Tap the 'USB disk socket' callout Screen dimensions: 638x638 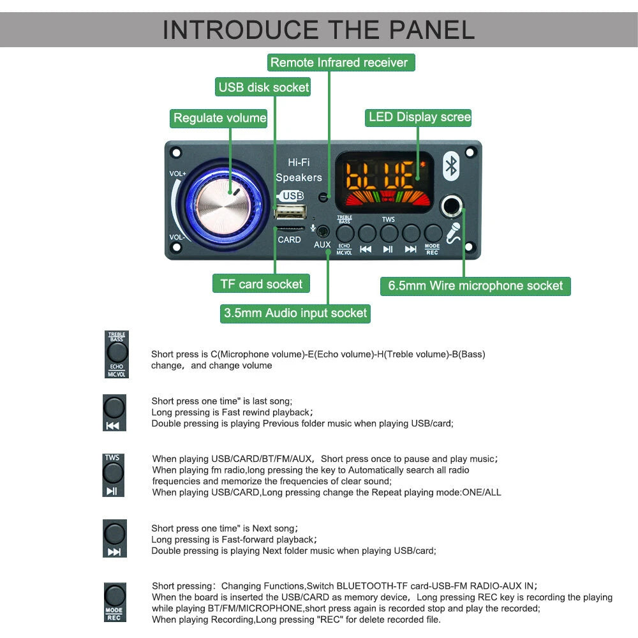(x=263, y=87)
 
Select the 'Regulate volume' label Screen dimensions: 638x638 (x=219, y=118)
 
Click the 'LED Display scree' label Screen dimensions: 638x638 (x=419, y=117)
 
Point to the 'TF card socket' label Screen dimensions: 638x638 (x=261, y=284)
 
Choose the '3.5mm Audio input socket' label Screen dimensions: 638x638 (x=295, y=313)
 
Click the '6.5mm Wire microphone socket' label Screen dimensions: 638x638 (x=475, y=286)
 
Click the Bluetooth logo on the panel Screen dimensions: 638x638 (x=452, y=166)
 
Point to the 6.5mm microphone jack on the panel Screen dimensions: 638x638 (x=453, y=205)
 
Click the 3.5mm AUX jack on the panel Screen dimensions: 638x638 (x=323, y=232)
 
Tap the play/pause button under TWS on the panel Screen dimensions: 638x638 (x=389, y=234)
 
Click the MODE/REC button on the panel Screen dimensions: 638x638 (x=433, y=234)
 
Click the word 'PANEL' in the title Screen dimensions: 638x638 (x=417, y=30)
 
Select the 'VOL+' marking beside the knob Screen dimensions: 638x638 (x=178, y=174)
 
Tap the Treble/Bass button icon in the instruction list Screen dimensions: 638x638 (x=117, y=352)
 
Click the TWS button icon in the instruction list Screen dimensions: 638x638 (x=113, y=473)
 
